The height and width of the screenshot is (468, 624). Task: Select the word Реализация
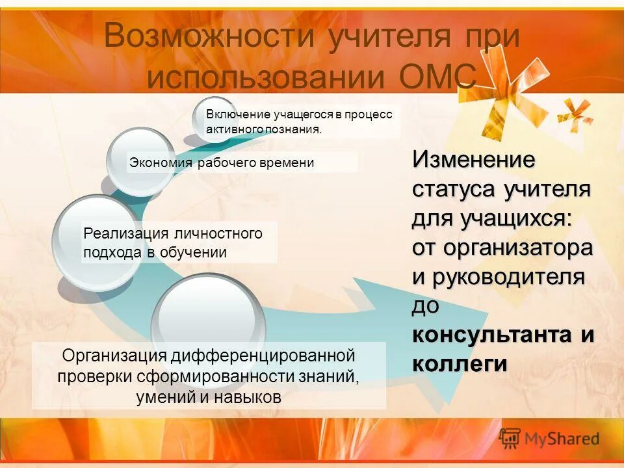coord(124,233)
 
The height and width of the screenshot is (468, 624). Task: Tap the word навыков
coord(250,397)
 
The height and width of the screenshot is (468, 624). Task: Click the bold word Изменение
coord(474,159)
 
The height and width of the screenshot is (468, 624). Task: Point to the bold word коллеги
coord(459,364)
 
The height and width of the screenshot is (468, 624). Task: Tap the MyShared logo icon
coord(510,438)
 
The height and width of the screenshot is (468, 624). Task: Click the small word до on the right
coord(426,305)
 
